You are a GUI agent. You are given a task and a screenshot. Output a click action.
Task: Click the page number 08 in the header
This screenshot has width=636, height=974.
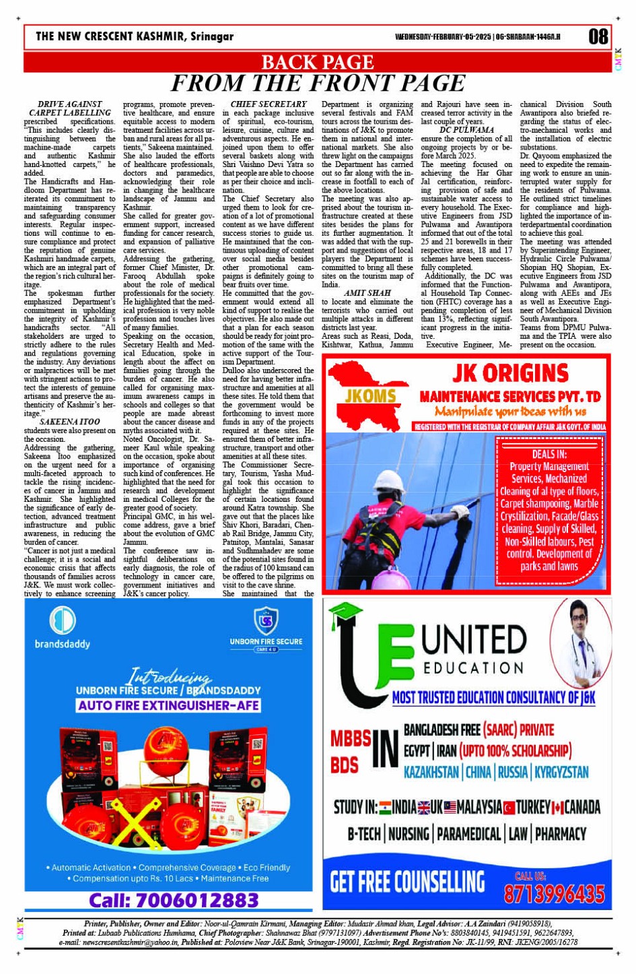pyautogui.click(x=598, y=36)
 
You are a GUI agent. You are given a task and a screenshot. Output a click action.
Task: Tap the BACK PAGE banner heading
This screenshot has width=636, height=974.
pyautogui.click(x=317, y=62)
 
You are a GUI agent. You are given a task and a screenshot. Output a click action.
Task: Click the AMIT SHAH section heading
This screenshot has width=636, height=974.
pyautogui.click(x=367, y=293)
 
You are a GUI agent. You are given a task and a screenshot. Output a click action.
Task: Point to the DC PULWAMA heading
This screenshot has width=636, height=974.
pyautogui.click(x=466, y=129)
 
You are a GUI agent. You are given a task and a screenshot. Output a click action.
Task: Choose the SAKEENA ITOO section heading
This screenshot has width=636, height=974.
pyautogui.click(x=69, y=422)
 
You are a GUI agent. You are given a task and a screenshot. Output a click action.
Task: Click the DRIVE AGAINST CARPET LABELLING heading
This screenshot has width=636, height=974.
pyautogui.click(x=69, y=108)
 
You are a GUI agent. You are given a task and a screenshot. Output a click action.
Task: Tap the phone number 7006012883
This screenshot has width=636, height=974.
pyautogui.click(x=174, y=901)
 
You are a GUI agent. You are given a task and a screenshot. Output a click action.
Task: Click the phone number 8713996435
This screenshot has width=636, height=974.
pyautogui.click(x=553, y=893)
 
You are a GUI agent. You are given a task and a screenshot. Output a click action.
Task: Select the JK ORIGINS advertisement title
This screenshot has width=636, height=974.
pyautogui.click(x=510, y=373)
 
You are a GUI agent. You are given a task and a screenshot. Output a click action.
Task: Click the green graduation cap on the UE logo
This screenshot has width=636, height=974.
pyautogui.click(x=345, y=614)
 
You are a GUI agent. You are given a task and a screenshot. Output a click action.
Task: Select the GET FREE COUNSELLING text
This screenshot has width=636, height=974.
pyautogui.click(x=407, y=881)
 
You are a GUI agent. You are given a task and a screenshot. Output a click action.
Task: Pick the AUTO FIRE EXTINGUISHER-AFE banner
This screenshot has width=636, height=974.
pyautogui.click(x=168, y=705)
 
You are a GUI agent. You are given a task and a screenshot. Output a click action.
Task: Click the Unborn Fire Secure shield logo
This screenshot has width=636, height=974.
pyautogui.click(x=266, y=620)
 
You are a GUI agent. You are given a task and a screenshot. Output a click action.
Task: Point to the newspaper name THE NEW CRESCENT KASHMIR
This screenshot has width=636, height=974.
pyautogui.click(x=135, y=36)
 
